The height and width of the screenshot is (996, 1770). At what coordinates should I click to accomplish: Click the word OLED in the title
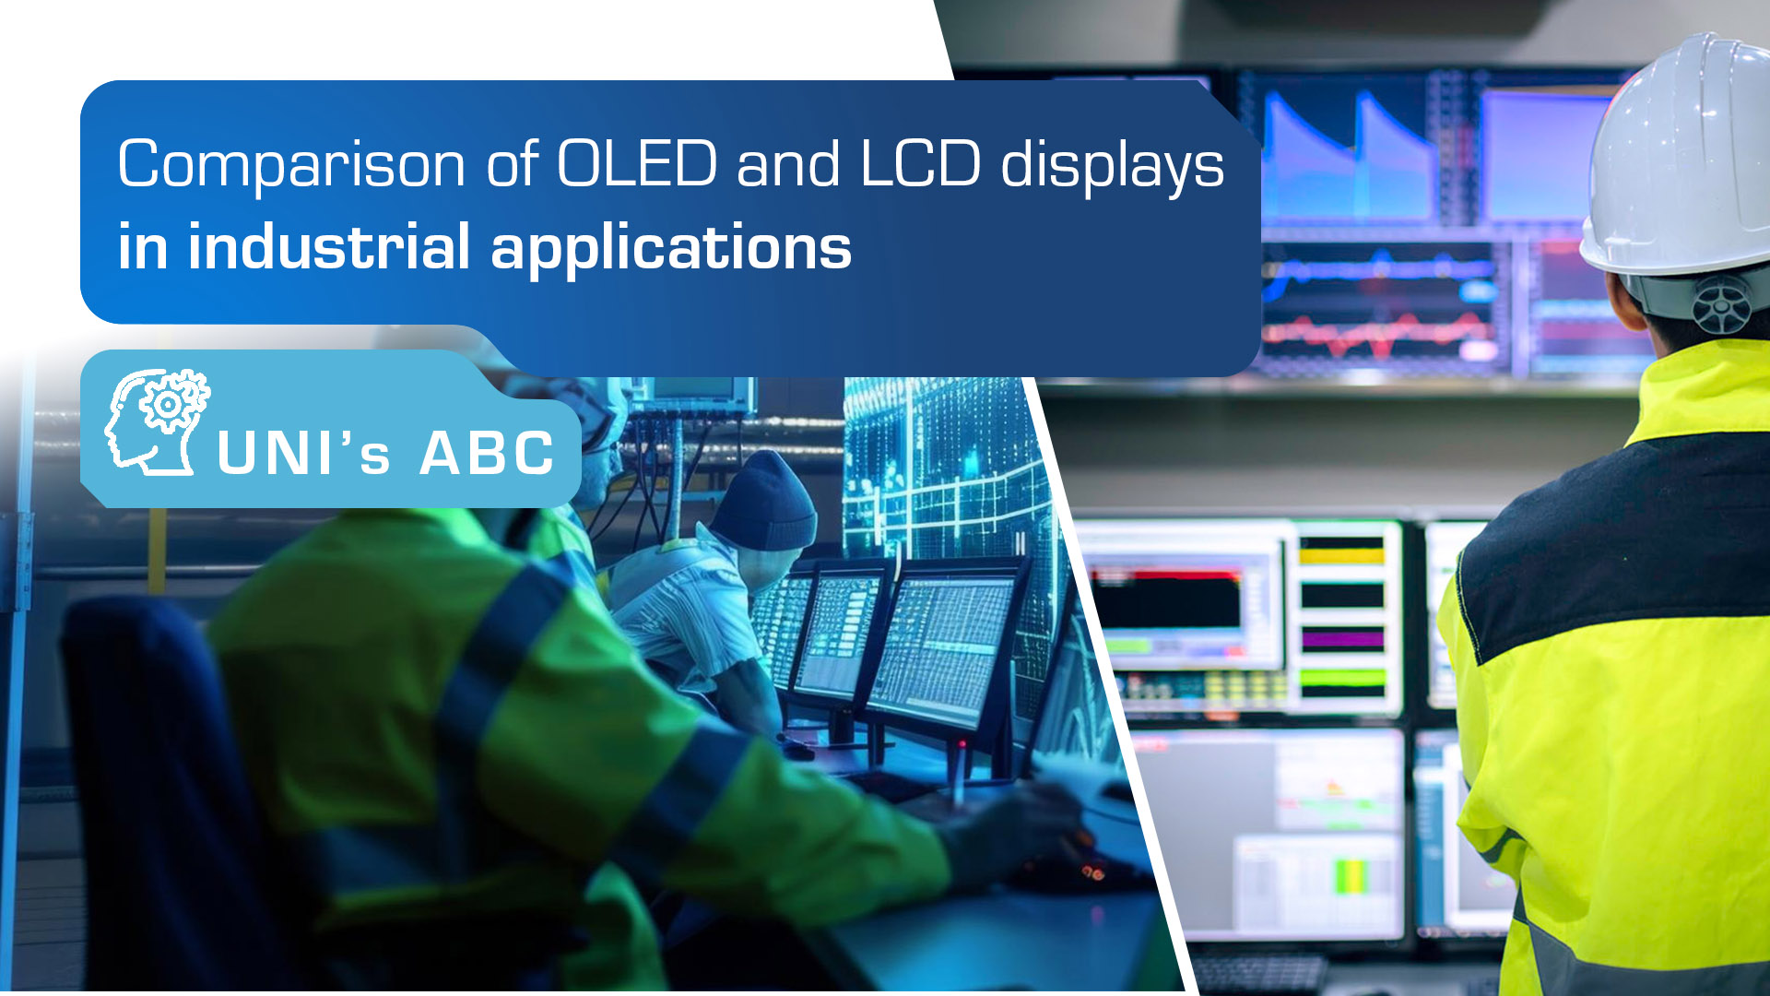(637, 164)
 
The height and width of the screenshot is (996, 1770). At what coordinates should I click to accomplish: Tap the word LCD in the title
(920, 164)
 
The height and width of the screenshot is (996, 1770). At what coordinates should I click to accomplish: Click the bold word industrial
(329, 246)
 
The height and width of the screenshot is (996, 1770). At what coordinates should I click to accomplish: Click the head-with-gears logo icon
(157, 421)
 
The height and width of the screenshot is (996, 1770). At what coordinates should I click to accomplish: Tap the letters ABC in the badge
(487, 453)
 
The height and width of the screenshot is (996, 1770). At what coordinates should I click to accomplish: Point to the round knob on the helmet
(1721, 303)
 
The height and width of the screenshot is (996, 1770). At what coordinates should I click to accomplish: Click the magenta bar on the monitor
(1342, 638)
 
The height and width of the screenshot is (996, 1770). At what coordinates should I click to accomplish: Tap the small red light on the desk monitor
(962, 743)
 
